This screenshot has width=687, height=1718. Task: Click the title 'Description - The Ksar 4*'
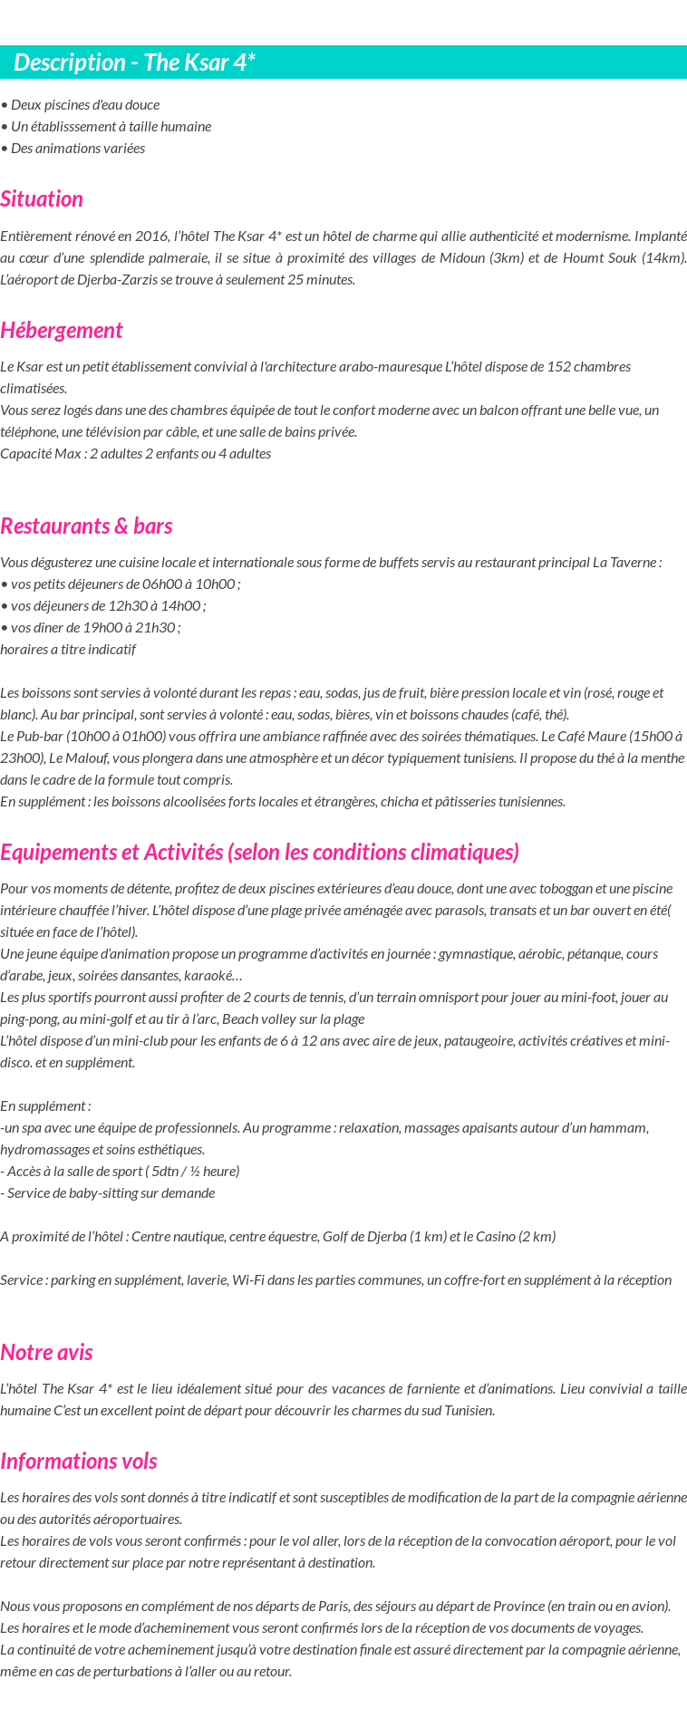coord(134,63)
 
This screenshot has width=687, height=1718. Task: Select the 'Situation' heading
coord(42,199)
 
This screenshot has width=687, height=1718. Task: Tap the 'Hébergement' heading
coord(62,331)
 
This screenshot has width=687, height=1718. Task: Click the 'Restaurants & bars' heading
coord(86,526)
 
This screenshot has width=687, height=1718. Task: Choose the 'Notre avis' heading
coord(46,1353)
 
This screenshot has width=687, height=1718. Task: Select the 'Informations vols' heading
coord(79,1462)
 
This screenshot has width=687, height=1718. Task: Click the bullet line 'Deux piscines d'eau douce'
coord(82,104)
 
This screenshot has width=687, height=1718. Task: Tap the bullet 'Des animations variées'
coord(75,148)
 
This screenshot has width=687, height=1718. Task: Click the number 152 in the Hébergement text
coord(559,366)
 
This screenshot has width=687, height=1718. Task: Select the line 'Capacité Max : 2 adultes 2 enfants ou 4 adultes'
coord(136,453)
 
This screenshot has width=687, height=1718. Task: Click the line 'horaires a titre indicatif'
coord(68,650)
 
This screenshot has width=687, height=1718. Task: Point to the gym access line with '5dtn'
coord(121,1172)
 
